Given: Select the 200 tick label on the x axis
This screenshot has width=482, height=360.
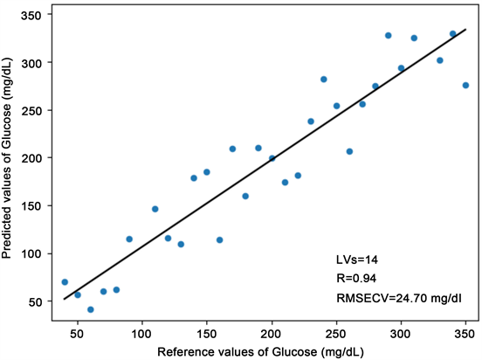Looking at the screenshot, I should [x=272, y=332].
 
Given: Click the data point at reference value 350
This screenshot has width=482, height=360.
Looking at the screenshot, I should [x=465, y=85].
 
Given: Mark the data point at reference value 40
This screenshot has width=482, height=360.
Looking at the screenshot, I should [x=65, y=282].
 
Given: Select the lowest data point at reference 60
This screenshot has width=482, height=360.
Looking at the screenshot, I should [x=91, y=309].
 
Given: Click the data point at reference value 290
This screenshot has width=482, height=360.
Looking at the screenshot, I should [x=388, y=36].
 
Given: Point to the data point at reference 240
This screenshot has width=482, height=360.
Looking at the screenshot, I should [x=323, y=80].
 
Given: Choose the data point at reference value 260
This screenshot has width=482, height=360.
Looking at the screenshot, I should [x=349, y=151].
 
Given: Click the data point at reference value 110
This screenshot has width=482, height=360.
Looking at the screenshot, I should [x=155, y=209].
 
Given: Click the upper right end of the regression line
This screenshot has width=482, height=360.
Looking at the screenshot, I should [x=465, y=29].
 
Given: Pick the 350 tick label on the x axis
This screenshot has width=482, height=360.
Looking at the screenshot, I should [x=465, y=332].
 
